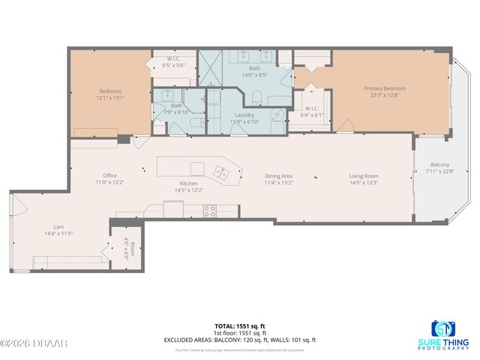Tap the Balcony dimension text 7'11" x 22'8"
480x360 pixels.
439,172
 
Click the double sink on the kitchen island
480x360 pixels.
223,172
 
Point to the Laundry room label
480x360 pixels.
244,114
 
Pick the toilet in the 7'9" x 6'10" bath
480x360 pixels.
194,123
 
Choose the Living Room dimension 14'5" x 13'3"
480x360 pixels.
363,182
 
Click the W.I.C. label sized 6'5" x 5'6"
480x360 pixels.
174,65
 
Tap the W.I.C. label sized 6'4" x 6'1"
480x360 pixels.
312,115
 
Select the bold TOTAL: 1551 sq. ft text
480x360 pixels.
239,326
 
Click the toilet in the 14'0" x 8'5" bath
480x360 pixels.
256,95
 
